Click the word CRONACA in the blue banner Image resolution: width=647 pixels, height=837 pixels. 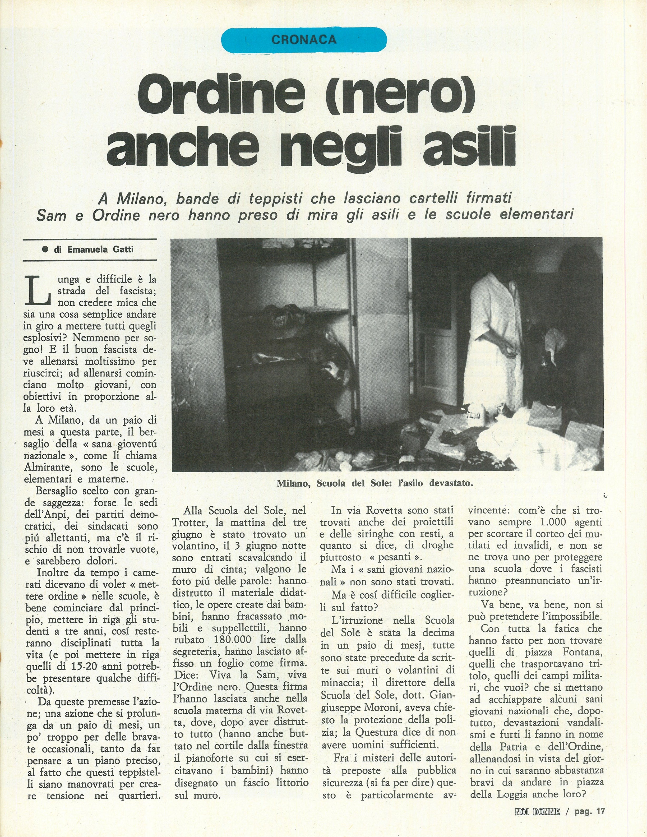coord(304,39)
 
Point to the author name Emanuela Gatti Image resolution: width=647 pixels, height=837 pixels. coord(100,249)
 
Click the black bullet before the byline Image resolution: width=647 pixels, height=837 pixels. coord(45,249)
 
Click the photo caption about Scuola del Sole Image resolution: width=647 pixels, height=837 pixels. coord(375,483)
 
